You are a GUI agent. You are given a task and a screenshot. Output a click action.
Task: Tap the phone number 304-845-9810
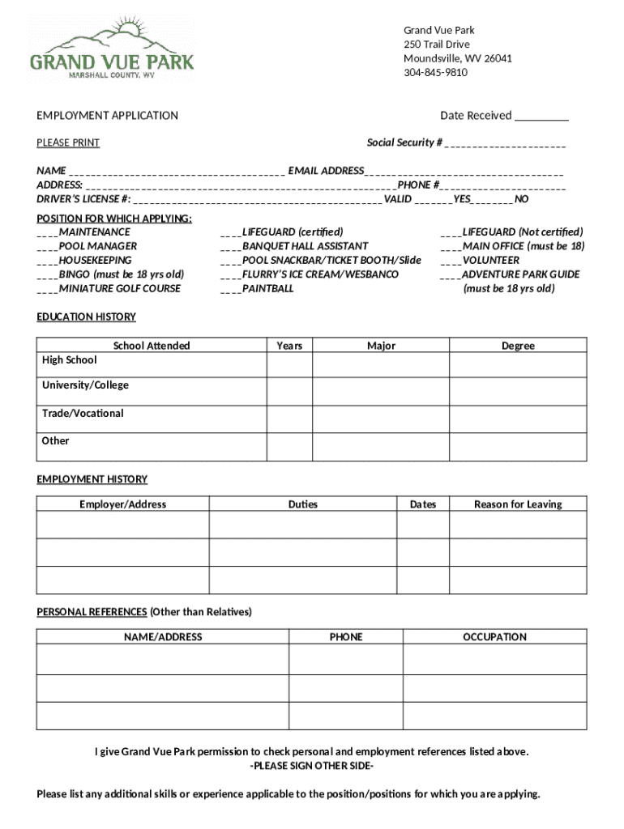435,73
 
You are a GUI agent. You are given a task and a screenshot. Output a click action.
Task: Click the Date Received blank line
541,117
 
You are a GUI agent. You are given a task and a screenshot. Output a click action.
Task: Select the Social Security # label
404,142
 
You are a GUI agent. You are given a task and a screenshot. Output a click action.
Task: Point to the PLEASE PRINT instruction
68,143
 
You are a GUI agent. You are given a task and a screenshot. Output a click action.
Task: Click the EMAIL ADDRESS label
326,171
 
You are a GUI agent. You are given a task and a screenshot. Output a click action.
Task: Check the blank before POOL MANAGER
46,246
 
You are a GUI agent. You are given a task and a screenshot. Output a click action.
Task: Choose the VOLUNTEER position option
490,261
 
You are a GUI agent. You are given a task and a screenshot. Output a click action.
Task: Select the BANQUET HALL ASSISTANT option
305,246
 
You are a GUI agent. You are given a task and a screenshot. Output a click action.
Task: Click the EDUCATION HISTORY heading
86,317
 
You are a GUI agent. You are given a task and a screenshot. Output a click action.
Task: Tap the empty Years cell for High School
289,365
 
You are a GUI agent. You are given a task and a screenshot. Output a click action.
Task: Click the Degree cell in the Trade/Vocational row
518,419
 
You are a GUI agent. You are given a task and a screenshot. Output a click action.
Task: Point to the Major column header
381,346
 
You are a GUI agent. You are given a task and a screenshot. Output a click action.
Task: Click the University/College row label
85,385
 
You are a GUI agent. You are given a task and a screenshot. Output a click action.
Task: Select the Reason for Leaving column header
518,504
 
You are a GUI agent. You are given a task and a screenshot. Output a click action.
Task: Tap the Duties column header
303,504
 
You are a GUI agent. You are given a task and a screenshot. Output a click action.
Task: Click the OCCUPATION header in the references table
494,637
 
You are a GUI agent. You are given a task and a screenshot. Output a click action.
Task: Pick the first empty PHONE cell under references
346,659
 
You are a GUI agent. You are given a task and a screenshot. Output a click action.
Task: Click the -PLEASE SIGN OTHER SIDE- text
312,766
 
